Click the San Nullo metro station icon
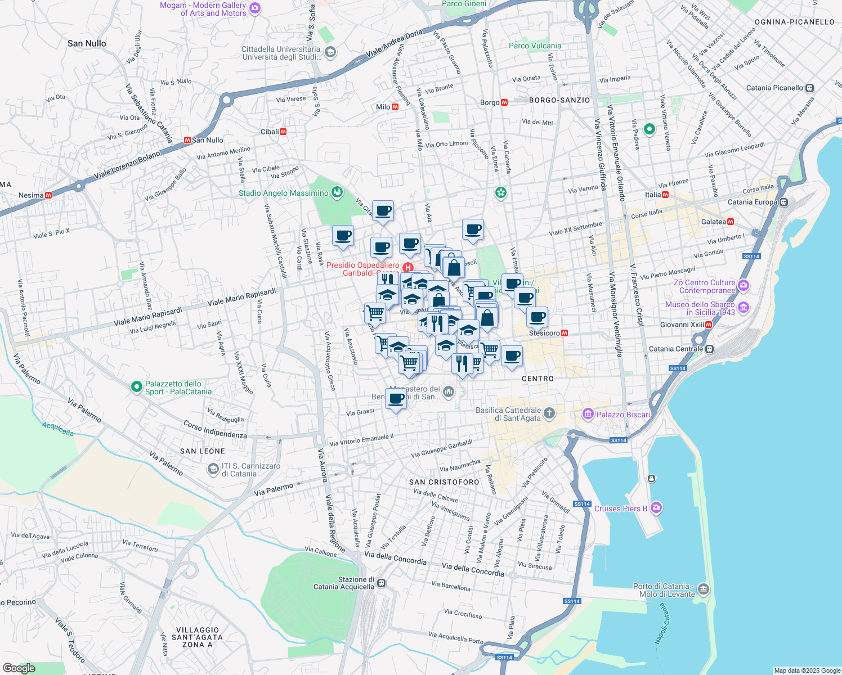pyautogui.click(x=187, y=140)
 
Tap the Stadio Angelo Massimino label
pyautogui.click(x=283, y=193)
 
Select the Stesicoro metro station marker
pyautogui.click(x=565, y=333)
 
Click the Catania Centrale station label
pyautogui.click(x=675, y=349)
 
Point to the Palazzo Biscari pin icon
pyautogui.click(x=588, y=415)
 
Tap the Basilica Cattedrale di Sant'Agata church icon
pyautogui.click(x=549, y=414)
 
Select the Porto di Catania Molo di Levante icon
pyautogui.click(x=704, y=590)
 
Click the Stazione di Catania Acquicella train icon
pyautogui.click(x=382, y=583)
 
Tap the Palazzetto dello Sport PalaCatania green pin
pyautogui.click(x=136, y=387)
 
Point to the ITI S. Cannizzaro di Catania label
pyautogui.click(x=250, y=470)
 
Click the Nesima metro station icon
pyautogui.click(x=48, y=195)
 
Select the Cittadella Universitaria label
pyautogui.click(x=281, y=53)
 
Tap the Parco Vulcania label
pyautogui.click(x=535, y=46)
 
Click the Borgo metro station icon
pyautogui.click(x=504, y=102)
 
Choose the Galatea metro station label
pyautogui.click(x=714, y=222)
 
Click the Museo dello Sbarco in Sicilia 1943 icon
pyautogui.click(x=744, y=307)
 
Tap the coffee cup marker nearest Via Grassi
pyautogui.click(x=396, y=399)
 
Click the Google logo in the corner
pyautogui.click(x=19, y=668)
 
